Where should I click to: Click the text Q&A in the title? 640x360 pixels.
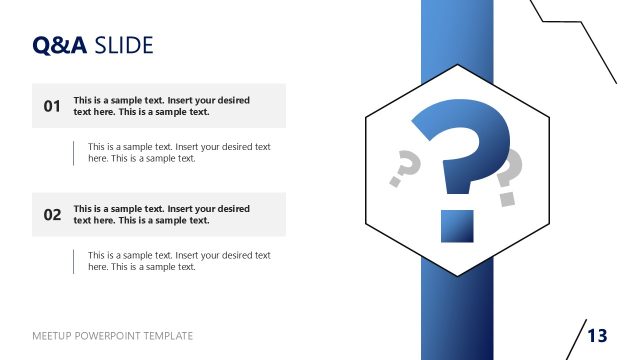coord(60,45)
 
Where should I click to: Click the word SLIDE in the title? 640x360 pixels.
coord(124,45)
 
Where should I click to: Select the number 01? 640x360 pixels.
coord(53,106)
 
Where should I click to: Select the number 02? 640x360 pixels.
coord(53,214)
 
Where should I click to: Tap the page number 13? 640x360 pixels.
coord(597,335)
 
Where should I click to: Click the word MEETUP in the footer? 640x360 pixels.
coord(53,336)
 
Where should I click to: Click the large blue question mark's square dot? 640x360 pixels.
coord(456,226)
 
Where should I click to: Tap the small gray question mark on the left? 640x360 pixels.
coord(403,167)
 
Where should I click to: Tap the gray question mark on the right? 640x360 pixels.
coord(508,175)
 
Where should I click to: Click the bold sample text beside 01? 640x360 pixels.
coord(161,106)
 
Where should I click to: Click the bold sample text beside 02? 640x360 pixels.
coord(161,214)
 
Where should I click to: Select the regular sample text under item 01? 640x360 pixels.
coord(179,152)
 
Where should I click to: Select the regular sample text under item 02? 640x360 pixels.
coord(179,261)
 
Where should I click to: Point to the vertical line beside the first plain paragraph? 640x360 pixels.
coord(73,152)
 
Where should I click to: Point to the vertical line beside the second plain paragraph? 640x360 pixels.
coord(73,261)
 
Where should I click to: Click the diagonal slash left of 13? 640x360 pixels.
coord(576,338)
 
